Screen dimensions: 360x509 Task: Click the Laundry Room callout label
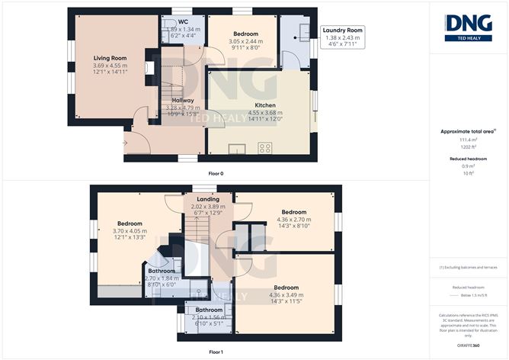(x=341, y=30)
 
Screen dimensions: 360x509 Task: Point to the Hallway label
(x=182, y=100)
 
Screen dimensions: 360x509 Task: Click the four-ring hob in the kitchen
(x=265, y=148)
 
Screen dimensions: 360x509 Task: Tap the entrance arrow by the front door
(x=125, y=142)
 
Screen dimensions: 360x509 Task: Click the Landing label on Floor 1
(x=208, y=199)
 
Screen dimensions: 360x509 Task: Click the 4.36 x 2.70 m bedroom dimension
(x=293, y=220)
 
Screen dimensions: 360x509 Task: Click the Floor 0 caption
(x=216, y=172)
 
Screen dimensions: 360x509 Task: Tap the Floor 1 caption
(x=216, y=352)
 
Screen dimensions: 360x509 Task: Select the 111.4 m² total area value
(x=469, y=140)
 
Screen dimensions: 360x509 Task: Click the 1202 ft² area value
(x=469, y=146)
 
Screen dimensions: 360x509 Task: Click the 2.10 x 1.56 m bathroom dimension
(x=208, y=317)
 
